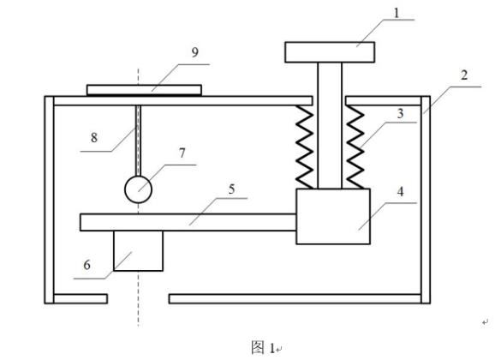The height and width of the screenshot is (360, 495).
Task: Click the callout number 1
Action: pyautogui.click(x=397, y=13)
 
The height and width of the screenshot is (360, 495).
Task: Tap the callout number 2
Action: pyautogui.click(x=464, y=75)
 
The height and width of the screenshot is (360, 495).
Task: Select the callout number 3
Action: pyautogui.click(x=400, y=113)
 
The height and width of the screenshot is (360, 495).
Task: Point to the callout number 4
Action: pyautogui.click(x=400, y=191)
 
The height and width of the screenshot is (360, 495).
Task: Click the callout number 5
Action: pyautogui.click(x=232, y=189)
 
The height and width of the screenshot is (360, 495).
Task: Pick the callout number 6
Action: pyautogui.click(x=87, y=265)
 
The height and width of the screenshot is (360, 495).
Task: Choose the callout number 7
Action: pyautogui.click(x=182, y=153)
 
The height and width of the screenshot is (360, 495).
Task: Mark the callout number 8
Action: pyautogui.click(x=94, y=137)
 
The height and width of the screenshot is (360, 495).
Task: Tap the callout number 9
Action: pyautogui.click(x=195, y=52)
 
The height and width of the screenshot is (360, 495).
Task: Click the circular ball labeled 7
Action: pyautogui.click(x=138, y=189)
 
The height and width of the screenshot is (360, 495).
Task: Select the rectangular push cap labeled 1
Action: pyautogui.click(x=330, y=52)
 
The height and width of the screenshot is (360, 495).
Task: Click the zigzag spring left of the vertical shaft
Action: pyautogui.click(x=305, y=147)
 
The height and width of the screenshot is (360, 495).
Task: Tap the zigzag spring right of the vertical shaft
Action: pyautogui.click(x=355, y=147)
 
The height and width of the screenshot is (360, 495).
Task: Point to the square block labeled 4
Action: pyautogui.click(x=333, y=217)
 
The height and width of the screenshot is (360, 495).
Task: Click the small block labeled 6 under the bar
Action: pyautogui.click(x=138, y=250)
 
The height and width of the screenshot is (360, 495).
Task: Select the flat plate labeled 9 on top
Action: pyautogui.click(x=144, y=90)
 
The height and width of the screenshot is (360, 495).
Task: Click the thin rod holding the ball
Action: pyautogui.click(x=138, y=141)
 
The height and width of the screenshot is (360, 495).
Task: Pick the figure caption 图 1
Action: pyautogui.click(x=263, y=348)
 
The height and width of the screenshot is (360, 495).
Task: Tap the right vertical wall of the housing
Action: pyautogui.click(x=426, y=200)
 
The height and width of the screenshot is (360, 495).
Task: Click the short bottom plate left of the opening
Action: pyautogui.click(x=81, y=298)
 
